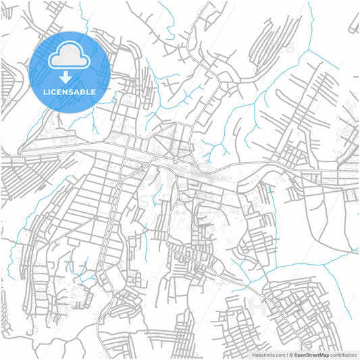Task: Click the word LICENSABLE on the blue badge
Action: tap(70, 91)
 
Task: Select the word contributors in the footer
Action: tap(343, 355)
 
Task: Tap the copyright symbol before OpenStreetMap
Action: tap(291, 355)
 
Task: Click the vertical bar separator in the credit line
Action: tap(286, 355)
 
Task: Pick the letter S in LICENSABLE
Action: tap(71, 91)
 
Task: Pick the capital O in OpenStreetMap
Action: tap(296, 355)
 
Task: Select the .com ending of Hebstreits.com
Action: tap(279, 355)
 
